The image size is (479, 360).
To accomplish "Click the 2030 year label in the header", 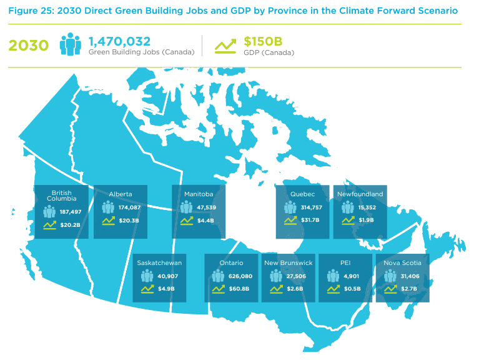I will [28, 46].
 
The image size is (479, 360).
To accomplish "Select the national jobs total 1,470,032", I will [119, 41].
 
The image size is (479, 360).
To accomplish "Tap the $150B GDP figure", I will [263, 41].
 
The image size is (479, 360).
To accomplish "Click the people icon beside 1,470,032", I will [71, 44].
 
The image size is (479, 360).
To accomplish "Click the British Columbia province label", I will [61, 196].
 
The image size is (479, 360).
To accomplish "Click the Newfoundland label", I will [360, 194].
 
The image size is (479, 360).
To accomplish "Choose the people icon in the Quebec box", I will [290, 207].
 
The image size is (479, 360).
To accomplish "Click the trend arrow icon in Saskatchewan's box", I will [147, 289].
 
